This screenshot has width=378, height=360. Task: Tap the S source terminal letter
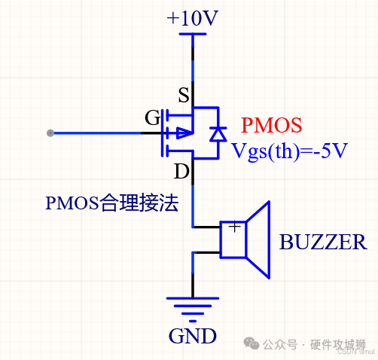[182, 95]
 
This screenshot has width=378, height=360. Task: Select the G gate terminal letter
[152, 117]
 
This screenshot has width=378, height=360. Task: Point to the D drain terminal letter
[181, 172]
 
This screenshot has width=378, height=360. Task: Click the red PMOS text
[271, 124]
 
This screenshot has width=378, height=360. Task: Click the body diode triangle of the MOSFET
[218, 134]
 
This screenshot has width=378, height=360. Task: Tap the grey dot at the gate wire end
[50, 133]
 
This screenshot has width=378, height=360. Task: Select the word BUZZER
[323, 243]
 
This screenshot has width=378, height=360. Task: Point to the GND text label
[193, 335]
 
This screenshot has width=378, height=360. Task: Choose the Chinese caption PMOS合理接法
[111, 203]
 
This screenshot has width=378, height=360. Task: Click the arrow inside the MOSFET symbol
[183, 133]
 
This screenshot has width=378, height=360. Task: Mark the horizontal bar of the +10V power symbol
[194, 35]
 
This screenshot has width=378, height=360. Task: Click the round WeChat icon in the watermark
[250, 343]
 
